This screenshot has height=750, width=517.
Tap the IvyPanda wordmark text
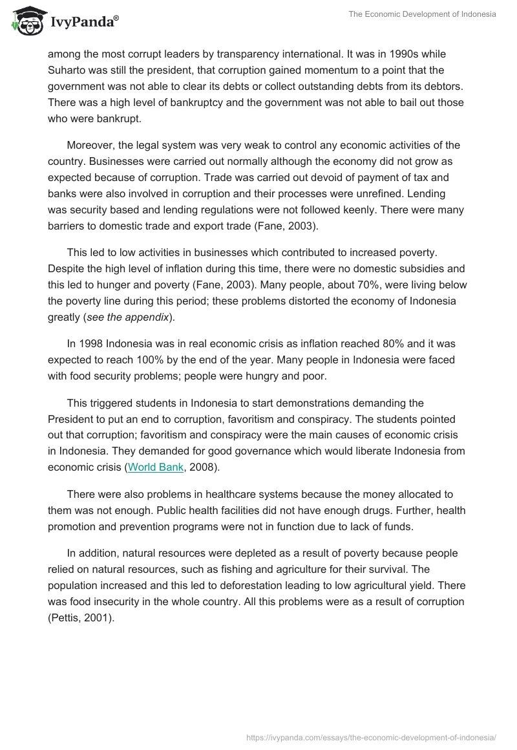83,23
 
